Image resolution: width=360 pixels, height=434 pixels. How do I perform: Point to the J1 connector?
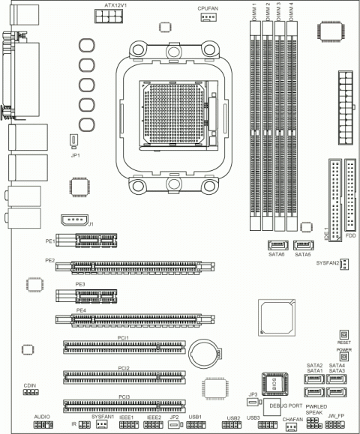[x=73, y=221]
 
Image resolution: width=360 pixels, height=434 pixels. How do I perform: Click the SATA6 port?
[x=277, y=245]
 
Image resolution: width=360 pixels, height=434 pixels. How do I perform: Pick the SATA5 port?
[x=303, y=245]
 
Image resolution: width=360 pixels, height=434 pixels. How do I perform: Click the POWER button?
[x=344, y=357]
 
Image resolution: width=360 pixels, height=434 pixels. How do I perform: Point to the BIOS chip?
[x=274, y=384]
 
